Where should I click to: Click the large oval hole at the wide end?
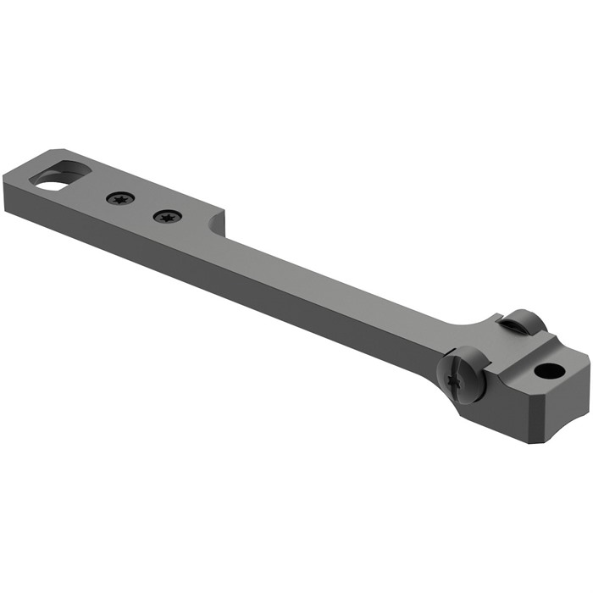coord(61,175)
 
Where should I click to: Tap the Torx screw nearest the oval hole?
coord(120,199)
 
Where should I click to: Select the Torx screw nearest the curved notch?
coord(167,217)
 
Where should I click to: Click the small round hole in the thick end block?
coord(547,370)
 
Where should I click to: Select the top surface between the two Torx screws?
coord(144,208)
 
